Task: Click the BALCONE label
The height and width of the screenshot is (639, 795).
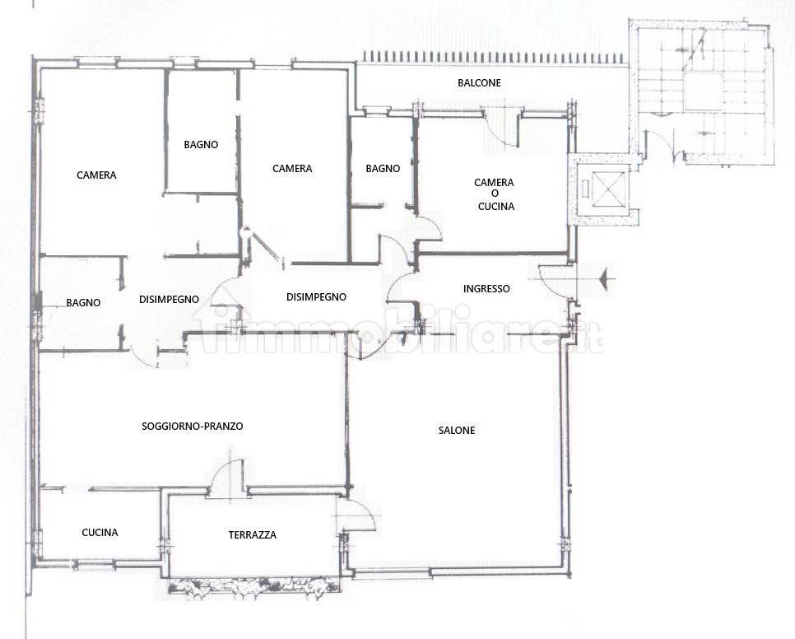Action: pyautogui.click(x=479, y=82)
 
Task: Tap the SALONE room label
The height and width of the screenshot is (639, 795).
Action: pyautogui.click(x=456, y=430)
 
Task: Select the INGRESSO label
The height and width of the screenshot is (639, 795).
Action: pyautogui.click(x=486, y=288)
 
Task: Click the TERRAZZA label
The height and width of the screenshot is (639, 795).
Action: pyautogui.click(x=252, y=534)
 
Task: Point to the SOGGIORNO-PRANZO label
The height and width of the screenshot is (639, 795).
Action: pyautogui.click(x=192, y=426)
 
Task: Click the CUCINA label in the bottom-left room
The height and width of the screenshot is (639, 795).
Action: pyautogui.click(x=100, y=532)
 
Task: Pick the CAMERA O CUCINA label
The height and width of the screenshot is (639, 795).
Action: pyautogui.click(x=495, y=194)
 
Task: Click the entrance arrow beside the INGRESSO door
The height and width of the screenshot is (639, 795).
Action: pyautogui.click(x=607, y=278)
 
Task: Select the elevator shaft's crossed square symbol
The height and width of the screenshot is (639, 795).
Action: pyautogui.click(x=607, y=189)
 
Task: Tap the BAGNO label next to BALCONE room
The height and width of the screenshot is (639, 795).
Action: pyautogui.click(x=383, y=168)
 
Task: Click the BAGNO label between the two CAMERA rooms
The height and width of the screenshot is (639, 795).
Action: pyautogui.click(x=201, y=145)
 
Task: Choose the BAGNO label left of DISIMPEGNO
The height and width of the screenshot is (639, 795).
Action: pyautogui.click(x=83, y=303)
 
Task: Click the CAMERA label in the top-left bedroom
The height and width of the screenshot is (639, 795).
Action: pyautogui.click(x=96, y=175)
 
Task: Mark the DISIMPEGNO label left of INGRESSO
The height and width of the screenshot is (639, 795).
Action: pyautogui.click(x=316, y=296)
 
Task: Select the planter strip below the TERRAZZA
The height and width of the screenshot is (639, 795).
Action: pyautogui.click(x=253, y=587)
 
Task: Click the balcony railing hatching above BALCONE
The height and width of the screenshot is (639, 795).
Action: pyautogui.click(x=494, y=57)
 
